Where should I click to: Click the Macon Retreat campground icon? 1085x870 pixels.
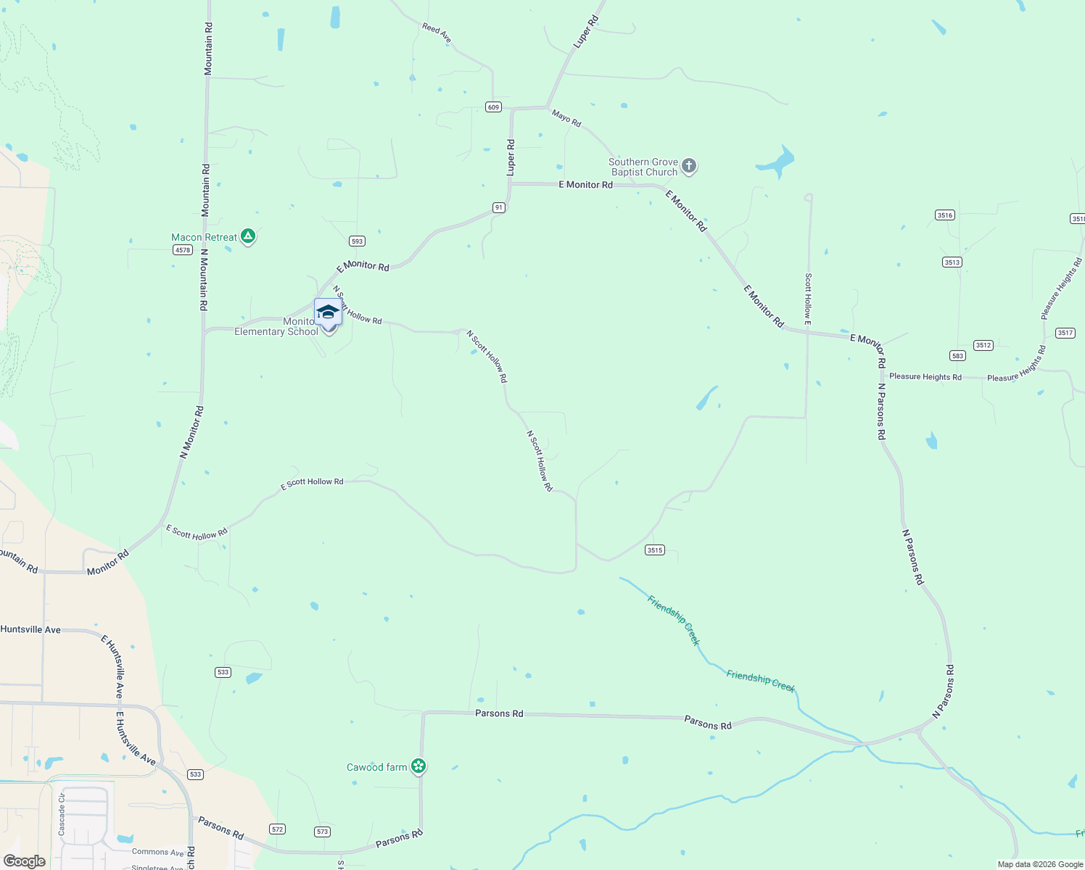pos(248,236)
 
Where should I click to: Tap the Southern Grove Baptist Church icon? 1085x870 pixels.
pos(689,167)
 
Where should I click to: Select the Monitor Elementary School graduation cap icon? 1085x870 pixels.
pos(328,312)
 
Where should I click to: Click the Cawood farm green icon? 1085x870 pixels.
pos(418,766)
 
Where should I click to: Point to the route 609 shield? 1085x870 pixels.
pos(493,107)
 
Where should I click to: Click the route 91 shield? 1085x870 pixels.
pos(498,207)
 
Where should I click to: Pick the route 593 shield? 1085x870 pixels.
pos(357,241)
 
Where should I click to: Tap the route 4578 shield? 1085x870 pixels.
pos(182,250)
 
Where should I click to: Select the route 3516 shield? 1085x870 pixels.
pos(944,215)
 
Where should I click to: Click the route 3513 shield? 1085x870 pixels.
pos(952,262)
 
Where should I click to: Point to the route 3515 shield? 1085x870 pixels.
pos(654,550)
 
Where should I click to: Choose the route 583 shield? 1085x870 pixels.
pos(957,356)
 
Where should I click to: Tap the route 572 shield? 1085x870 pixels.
pos(277,829)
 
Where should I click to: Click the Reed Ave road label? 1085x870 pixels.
pos(437,33)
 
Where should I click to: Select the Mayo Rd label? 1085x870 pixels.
pos(566,118)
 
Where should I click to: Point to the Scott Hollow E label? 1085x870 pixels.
pos(808,299)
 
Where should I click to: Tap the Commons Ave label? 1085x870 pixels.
pos(158,852)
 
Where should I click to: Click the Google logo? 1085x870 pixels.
pos(25,861)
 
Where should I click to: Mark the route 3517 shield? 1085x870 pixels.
pos(1065,333)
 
